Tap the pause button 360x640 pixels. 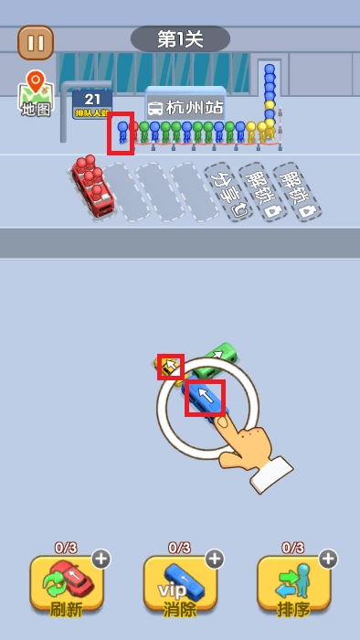pos(36,42)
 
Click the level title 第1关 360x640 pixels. pos(180,39)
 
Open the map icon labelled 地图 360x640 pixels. pos(36,94)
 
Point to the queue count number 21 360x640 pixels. pos(92,99)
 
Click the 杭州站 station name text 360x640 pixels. pos(195,107)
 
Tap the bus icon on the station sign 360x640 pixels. pos(155,108)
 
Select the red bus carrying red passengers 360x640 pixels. pos(92,185)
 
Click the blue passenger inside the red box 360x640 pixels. pos(122,133)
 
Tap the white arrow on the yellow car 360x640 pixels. pos(170,367)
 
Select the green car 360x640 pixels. pos(219,357)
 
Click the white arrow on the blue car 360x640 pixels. pos(206,397)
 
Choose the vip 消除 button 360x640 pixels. pos(180,583)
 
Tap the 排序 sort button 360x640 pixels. pos(293,583)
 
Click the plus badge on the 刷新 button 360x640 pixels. pos(101,559)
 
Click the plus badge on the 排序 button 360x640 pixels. pos(327,559)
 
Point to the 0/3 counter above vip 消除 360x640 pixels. pos(179,548)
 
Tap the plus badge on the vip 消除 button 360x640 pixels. pos(214,559)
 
